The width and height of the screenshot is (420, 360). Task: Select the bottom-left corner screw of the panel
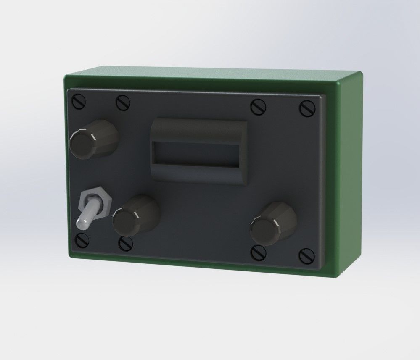pos(80,240)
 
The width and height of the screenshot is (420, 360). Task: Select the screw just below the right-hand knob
pos(257,252)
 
